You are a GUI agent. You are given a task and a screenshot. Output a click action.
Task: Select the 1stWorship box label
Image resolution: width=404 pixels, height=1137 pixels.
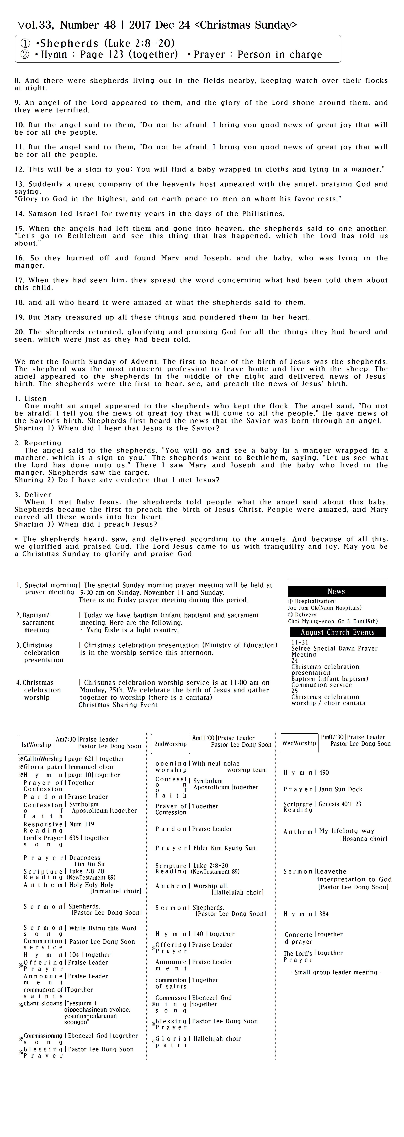tap(36, 745)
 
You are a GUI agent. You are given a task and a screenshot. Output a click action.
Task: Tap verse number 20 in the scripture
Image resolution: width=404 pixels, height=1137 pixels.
tap(19, 332)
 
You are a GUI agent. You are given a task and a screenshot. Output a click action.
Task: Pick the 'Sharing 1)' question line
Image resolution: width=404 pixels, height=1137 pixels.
tap(117, 428)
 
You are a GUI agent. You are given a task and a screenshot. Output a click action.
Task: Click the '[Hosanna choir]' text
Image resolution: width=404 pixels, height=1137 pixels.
tap(363, 839)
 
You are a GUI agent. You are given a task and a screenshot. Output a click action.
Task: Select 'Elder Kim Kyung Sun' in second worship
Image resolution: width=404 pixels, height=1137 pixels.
tap(224, 848)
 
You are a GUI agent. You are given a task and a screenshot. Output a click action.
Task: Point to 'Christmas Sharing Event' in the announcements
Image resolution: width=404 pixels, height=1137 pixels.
tap(118, 705)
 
